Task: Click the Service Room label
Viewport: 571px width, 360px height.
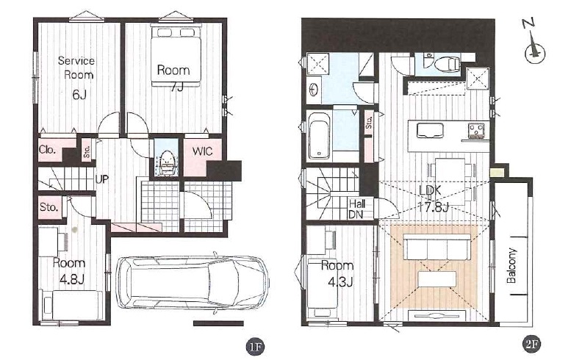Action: [76, 68]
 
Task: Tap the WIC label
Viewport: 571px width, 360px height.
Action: [203, 151]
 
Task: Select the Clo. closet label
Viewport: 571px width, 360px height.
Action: [47, 149]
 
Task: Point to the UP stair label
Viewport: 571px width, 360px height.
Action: [102, 179]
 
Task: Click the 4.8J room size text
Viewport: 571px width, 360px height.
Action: [72, 280]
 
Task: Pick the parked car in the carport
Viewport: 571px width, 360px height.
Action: [193, 282]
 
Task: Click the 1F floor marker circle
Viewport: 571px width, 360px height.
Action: [254, 346]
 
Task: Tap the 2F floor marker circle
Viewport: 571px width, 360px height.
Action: [531, 345]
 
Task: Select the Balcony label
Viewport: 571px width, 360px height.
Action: [511, 266]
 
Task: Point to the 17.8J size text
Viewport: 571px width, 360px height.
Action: [435, 208]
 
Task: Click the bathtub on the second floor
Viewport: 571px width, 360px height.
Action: [320, 136]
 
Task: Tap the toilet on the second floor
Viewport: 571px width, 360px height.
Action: [448, 63]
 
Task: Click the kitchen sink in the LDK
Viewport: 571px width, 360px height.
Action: [430, 130]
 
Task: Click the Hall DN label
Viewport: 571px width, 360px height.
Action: [357, 209]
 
